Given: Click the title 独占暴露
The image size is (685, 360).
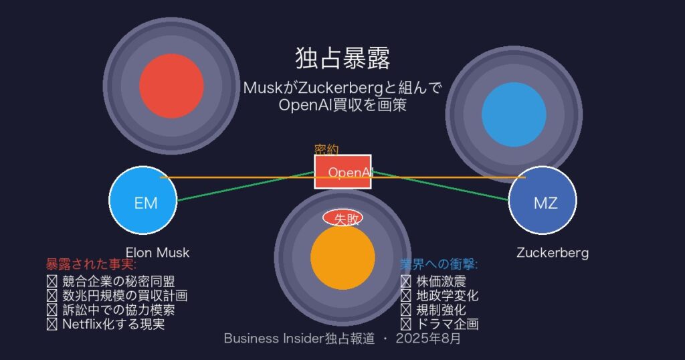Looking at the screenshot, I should [x=342, y=58].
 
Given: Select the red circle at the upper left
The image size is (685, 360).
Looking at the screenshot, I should [x=171, y=86].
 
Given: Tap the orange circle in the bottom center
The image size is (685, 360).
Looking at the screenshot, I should [x=342, y=258].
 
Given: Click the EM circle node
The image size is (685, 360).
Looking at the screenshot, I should [x=143, y=201].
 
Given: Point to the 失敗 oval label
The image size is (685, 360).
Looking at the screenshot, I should [x=342, y=218].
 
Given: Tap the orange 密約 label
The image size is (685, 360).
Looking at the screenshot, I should [x=326, y=150].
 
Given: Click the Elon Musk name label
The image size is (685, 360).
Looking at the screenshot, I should [x=158, y=253].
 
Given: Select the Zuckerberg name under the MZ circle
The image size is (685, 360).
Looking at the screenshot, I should [x=553, y=253].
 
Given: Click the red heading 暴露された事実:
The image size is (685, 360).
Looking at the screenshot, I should [x=91, y=264].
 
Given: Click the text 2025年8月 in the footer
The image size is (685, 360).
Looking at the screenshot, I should [x=428, y=339].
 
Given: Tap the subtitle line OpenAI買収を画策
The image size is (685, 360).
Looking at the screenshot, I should [x=342, y=105].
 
